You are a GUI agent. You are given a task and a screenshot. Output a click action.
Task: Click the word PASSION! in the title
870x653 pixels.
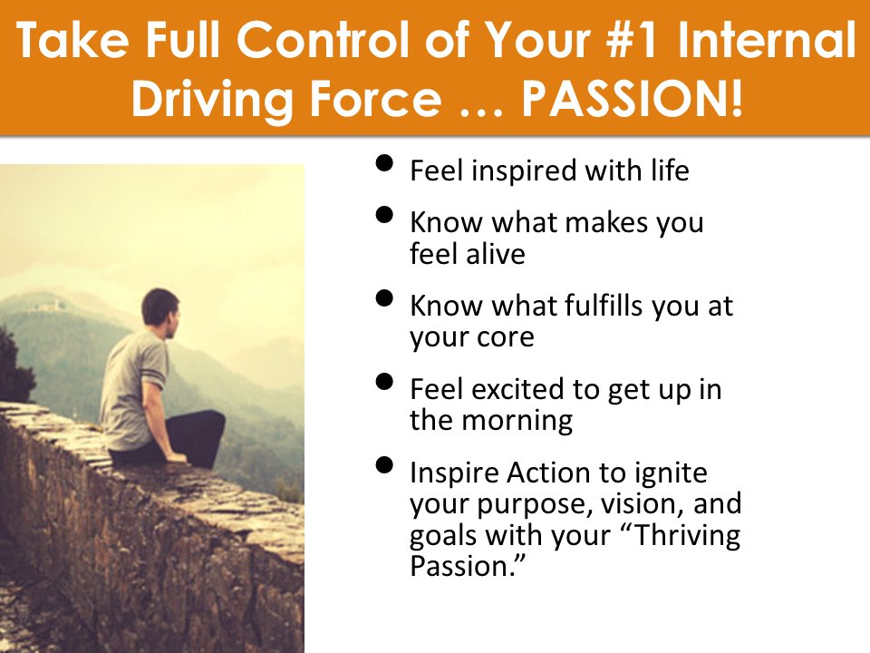pos(632,99)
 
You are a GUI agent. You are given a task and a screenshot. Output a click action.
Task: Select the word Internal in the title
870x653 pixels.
pos(767,39)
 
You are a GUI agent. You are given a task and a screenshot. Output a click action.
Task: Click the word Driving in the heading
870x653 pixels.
pos(211,100)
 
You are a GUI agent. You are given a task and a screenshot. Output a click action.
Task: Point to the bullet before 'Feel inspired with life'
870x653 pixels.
pos(384,163)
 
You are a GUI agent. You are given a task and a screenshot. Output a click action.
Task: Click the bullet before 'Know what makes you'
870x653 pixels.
pos(384,215)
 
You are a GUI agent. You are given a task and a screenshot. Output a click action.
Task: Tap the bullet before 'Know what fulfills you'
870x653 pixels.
pos(384,298)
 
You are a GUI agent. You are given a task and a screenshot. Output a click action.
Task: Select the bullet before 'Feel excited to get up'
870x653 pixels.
pos(384,382)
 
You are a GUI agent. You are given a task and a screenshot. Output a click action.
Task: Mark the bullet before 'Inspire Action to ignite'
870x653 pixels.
pos(384,464)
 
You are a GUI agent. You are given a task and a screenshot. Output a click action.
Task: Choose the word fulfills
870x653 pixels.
pos(604,306)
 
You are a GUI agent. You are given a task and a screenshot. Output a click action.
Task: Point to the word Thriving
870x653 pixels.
pos(687,536)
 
